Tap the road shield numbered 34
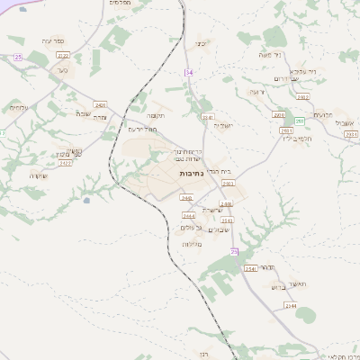pyautogui.click(x=189, y=72)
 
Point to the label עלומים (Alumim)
pyautogui.click(x=19, y=108)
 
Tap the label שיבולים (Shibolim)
pyautogui.click(x=220, y=229)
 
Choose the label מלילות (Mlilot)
pyautogui.click(x=190, y=244)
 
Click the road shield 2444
pyautogui.click(x=189, y=216)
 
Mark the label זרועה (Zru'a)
pyautogui.click(x=256, y=92)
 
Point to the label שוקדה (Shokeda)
pyautogui.click(x=38, y=175)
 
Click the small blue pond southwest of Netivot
pyautogui.click(x=86, y=201)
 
